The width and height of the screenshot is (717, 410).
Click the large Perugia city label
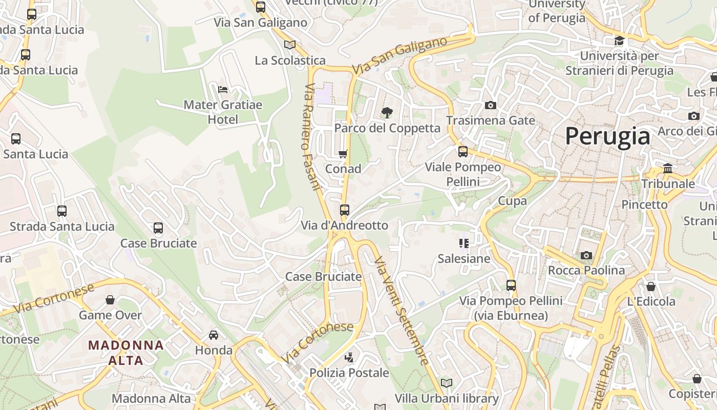point(608,137)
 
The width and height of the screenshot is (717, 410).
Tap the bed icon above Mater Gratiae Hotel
point(223,89)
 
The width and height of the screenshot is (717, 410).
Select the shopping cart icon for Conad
point(343,154)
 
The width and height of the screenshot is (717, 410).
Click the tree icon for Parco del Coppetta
point(387,113)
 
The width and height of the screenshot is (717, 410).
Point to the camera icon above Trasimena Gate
point(490,105)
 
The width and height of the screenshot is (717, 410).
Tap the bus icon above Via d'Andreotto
point(345,210)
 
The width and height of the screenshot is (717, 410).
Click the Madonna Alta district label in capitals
point(126,352)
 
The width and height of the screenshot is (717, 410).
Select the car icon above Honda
point(214,335)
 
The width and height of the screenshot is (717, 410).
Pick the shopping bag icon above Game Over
point(110,300)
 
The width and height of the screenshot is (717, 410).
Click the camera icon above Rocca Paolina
point(586,255)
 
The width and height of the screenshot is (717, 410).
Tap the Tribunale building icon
point(668,168)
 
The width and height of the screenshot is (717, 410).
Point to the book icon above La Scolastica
point(290,45)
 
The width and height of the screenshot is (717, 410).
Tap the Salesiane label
point(464,259)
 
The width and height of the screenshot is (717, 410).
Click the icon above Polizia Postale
point(349,358)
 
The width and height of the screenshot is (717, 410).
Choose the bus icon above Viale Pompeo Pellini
point(463,152)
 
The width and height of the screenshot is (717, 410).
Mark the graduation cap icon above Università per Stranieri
point(619,40)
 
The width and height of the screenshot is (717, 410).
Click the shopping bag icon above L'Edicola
point(651,286)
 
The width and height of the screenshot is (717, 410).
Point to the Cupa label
point(513,201)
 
